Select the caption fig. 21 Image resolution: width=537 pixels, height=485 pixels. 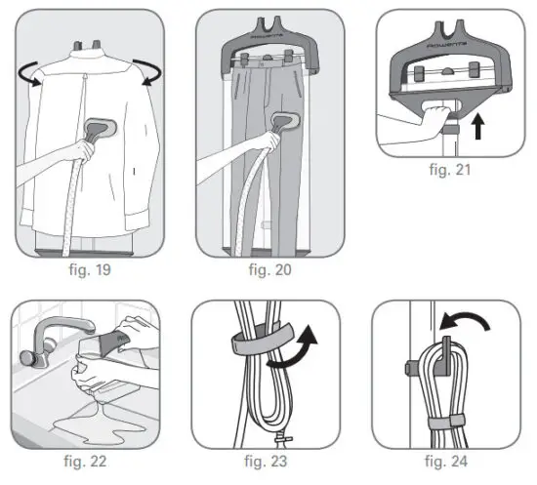click(450, 167)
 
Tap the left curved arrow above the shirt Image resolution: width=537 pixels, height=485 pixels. click(34, 75)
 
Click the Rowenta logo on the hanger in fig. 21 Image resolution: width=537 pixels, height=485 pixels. click(451, 46)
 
